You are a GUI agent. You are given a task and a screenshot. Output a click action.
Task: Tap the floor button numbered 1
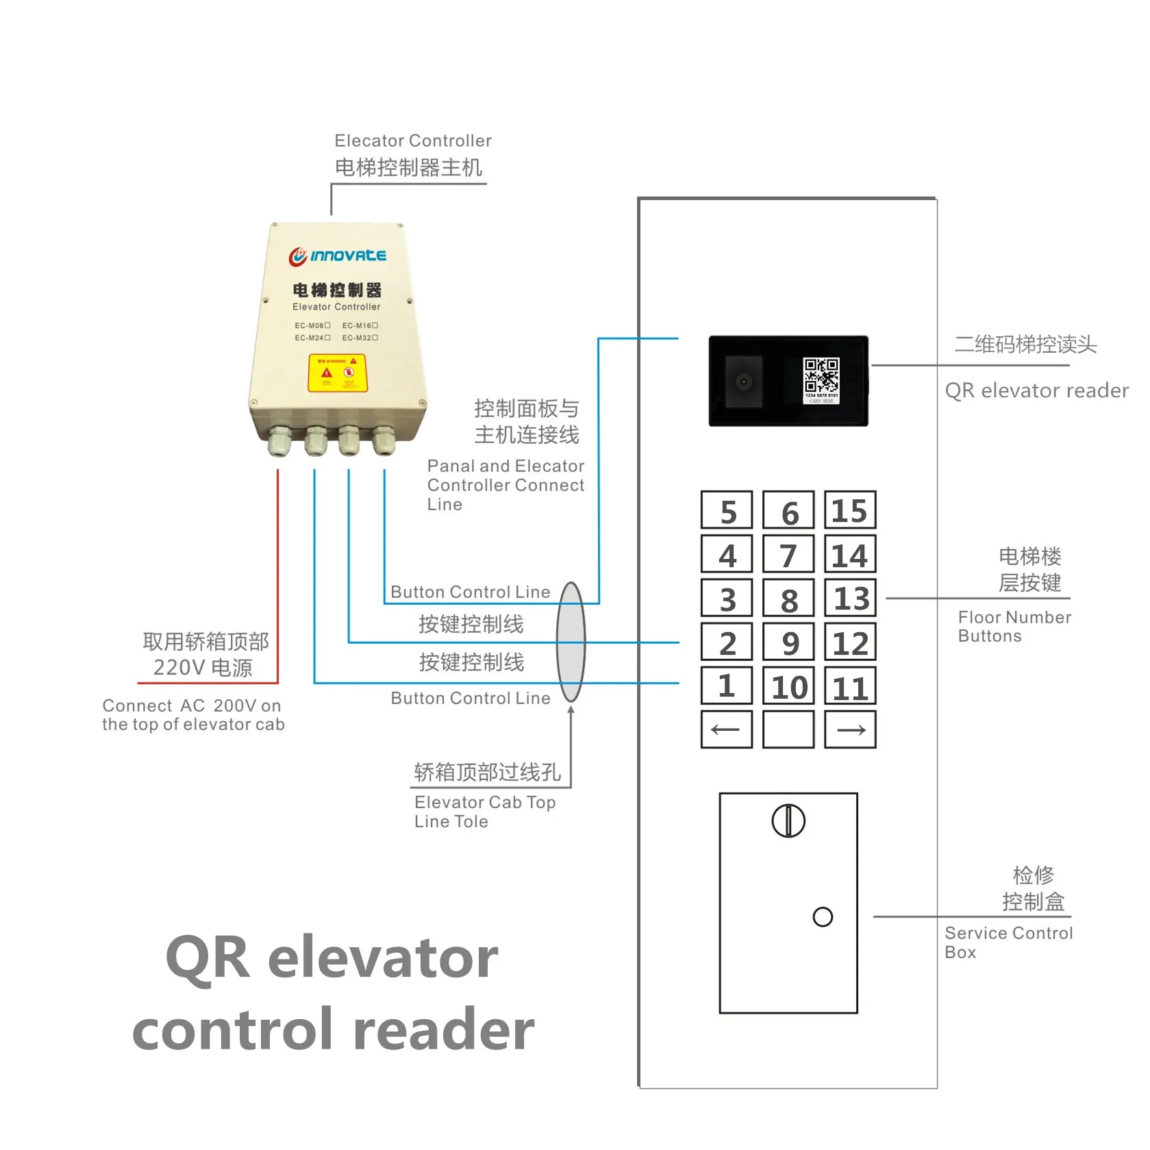(727, 686)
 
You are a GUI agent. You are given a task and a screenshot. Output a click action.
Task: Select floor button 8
(788, 599)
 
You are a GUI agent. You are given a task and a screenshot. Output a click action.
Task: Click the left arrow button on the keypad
(727, 729)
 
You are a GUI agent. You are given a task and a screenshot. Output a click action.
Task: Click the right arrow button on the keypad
(850, 729)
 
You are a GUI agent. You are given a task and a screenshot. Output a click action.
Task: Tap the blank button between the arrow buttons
(788, 729)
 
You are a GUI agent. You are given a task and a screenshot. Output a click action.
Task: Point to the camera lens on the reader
(743, 382)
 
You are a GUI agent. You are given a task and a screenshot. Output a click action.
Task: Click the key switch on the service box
(788, 821)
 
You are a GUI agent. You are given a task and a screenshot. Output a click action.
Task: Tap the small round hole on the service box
(823, 917)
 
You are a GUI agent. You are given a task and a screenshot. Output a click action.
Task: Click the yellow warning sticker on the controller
(338, 373)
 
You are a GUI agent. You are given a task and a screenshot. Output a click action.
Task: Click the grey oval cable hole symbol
(571, 642)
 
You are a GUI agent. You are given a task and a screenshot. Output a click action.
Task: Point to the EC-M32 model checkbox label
(360, 338)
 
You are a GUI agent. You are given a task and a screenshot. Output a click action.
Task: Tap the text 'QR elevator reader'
(1036, 390)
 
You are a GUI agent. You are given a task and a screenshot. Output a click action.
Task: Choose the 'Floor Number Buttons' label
(1014, 626)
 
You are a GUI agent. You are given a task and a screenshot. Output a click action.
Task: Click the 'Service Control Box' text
(1008, 942)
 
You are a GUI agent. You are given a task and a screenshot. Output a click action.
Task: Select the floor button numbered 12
(850, 642)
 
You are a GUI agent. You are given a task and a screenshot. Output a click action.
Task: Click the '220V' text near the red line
(175, 667)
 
